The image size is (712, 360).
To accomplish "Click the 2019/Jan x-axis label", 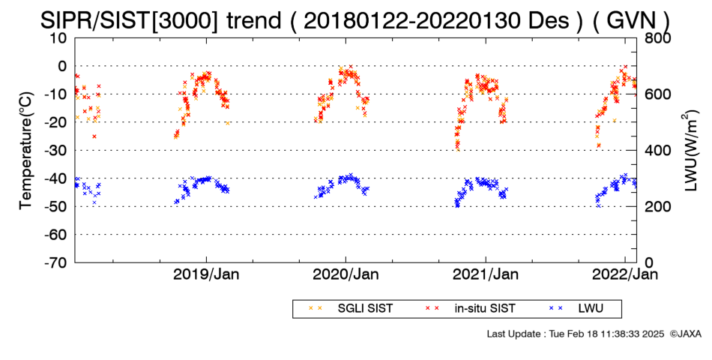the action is click(x=206, y=274).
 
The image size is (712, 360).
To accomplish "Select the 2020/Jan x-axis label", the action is click(x=346, y=274).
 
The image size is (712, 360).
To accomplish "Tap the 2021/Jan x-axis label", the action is click(x=486, y=274).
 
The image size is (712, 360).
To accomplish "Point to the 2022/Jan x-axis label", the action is click(x=625, y=274).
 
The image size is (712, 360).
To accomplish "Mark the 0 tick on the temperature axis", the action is click(x=61, y=66).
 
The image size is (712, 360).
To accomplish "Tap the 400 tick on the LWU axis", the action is click(x=657, y=150).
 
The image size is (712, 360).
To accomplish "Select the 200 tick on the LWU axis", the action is click(x=657, y=206).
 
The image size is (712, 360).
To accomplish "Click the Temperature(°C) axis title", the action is click(x=27, y=151).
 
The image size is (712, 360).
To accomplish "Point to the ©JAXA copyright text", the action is click(x=685, y=334).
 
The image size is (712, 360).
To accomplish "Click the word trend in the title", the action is click(x=253, y=20).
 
